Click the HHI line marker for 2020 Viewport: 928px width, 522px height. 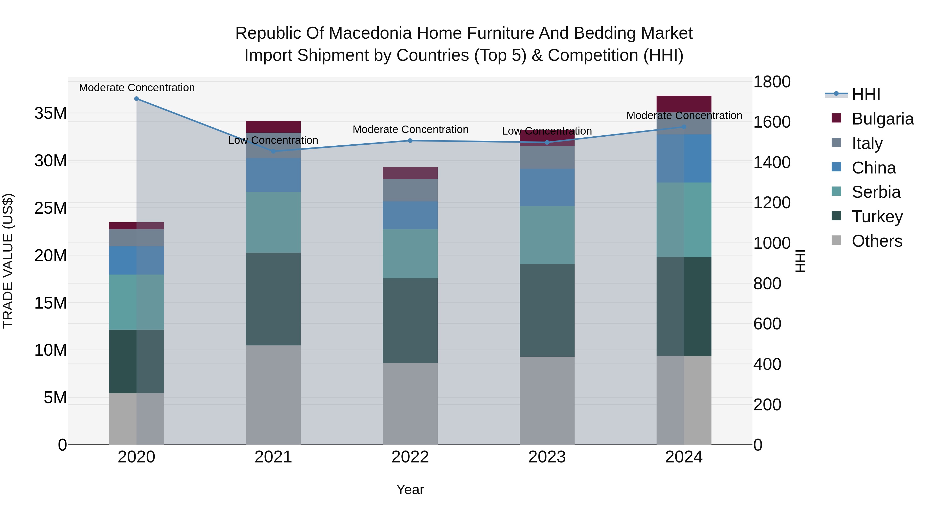pyautogui.click(x=137, y=99)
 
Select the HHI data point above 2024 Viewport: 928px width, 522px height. pyautogui.click(x=684, y=127)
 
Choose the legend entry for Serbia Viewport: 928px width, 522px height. pyautogui.click(x=876, y=192)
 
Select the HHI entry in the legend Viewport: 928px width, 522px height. pyautogui.click(x=866, y=94)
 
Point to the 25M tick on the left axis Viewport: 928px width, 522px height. pyautogui.click(x=51, y=208)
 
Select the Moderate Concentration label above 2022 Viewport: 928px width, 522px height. pyautogui.click(x=410, y=129)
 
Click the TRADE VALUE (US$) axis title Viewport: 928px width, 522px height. pyautogui.click(x=8, y=261)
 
